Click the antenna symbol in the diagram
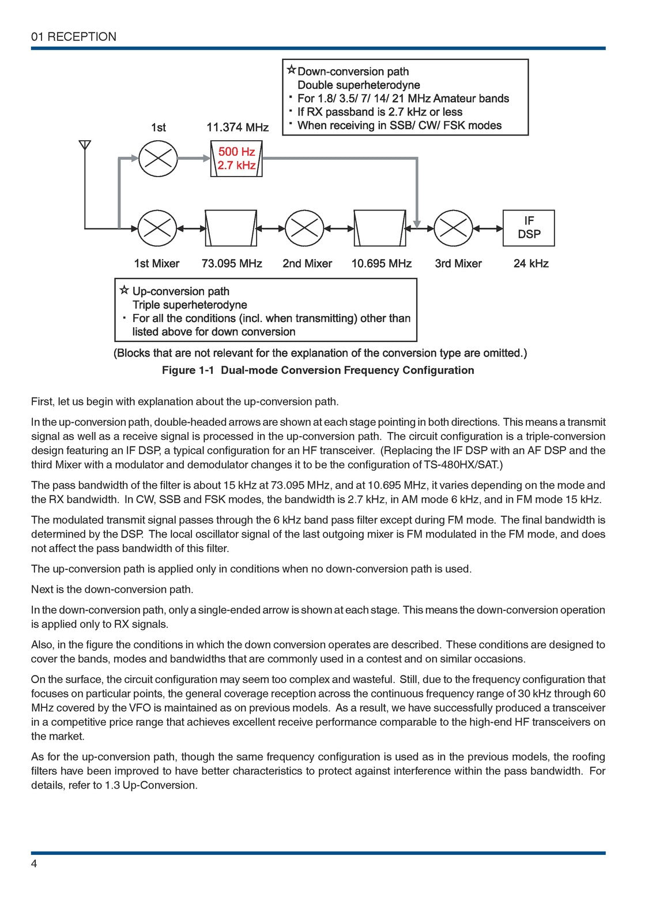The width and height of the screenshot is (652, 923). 85,145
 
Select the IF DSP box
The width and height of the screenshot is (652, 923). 529,228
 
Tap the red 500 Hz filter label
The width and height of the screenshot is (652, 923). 236,152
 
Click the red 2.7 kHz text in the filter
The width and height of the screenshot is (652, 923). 236,166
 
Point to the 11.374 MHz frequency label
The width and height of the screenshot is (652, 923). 238,127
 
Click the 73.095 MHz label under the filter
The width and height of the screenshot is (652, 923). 232,264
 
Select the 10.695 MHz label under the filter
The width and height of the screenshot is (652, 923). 382,264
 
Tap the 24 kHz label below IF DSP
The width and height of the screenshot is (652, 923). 531,264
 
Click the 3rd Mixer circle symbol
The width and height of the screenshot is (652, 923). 453,228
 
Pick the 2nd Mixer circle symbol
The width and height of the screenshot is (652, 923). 304,228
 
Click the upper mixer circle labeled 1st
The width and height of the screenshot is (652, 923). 158,158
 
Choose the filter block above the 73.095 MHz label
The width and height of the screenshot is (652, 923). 231,228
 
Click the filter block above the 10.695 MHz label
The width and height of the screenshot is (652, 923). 380,228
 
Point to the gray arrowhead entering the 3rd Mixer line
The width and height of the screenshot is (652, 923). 417,223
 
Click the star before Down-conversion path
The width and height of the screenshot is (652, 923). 291,70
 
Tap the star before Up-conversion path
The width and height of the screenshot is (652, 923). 124,290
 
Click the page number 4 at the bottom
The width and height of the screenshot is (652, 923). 35,864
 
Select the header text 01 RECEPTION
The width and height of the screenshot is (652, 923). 74,37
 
